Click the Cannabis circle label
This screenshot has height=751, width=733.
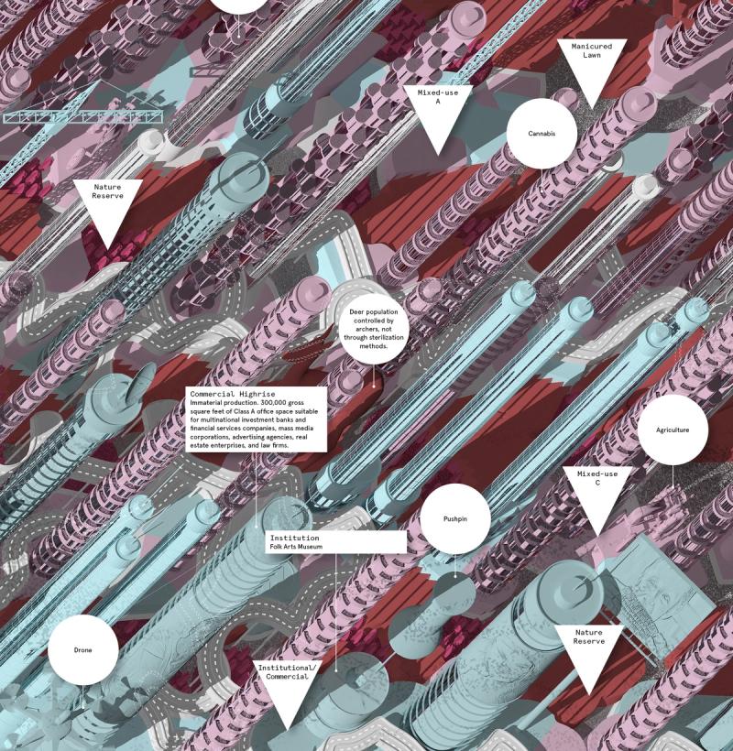[541, 134]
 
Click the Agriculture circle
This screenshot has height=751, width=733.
[672, 430]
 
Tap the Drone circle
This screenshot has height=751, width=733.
[82, 651]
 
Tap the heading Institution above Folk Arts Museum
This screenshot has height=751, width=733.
[294, 538]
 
